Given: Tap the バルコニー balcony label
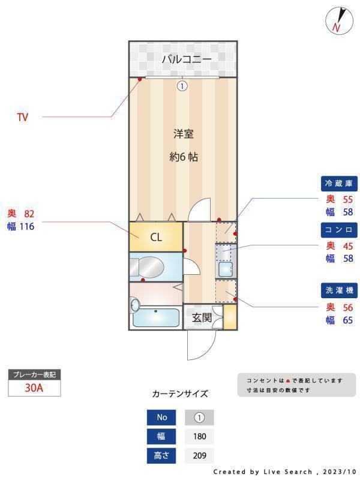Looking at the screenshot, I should point(187,59).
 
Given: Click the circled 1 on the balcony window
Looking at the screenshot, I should point(182,86).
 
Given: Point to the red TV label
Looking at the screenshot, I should point(22,118).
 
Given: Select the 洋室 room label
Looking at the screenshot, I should point(184,133).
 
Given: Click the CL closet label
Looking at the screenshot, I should point(156,236).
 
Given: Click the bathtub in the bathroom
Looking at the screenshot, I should point(156,317).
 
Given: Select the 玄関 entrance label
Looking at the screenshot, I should point(201,317).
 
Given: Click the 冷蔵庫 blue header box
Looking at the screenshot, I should point(340,183).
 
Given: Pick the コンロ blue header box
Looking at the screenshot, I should point(340,229).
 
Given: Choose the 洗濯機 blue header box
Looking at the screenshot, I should point(340,290).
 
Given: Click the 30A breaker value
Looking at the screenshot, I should point(34,388).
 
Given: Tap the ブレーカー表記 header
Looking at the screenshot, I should point(34,374).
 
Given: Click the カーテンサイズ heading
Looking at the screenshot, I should point(180,394).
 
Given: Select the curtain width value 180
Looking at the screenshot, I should point(199,437).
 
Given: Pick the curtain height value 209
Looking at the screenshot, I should point(199,456).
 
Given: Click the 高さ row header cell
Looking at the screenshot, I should point(162,456).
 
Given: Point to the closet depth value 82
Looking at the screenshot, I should point(30,213).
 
